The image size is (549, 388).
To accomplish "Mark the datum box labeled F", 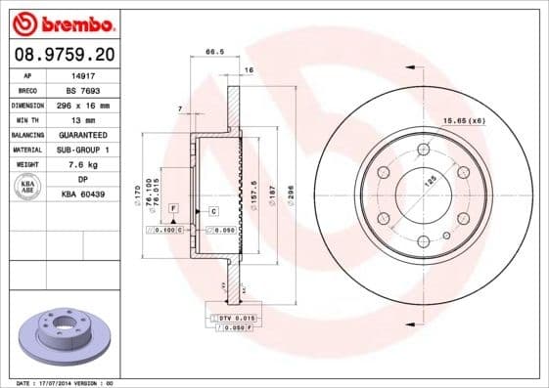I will click(x=172, y=209).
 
